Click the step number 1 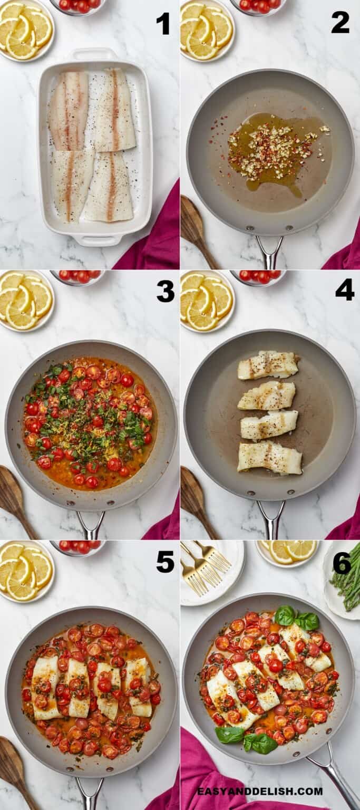163,24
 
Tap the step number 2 340,23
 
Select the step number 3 165,291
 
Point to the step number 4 345,290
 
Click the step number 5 165,562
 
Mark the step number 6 342,563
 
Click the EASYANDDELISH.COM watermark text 260,791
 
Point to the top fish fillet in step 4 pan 268,365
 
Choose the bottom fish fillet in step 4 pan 269,458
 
